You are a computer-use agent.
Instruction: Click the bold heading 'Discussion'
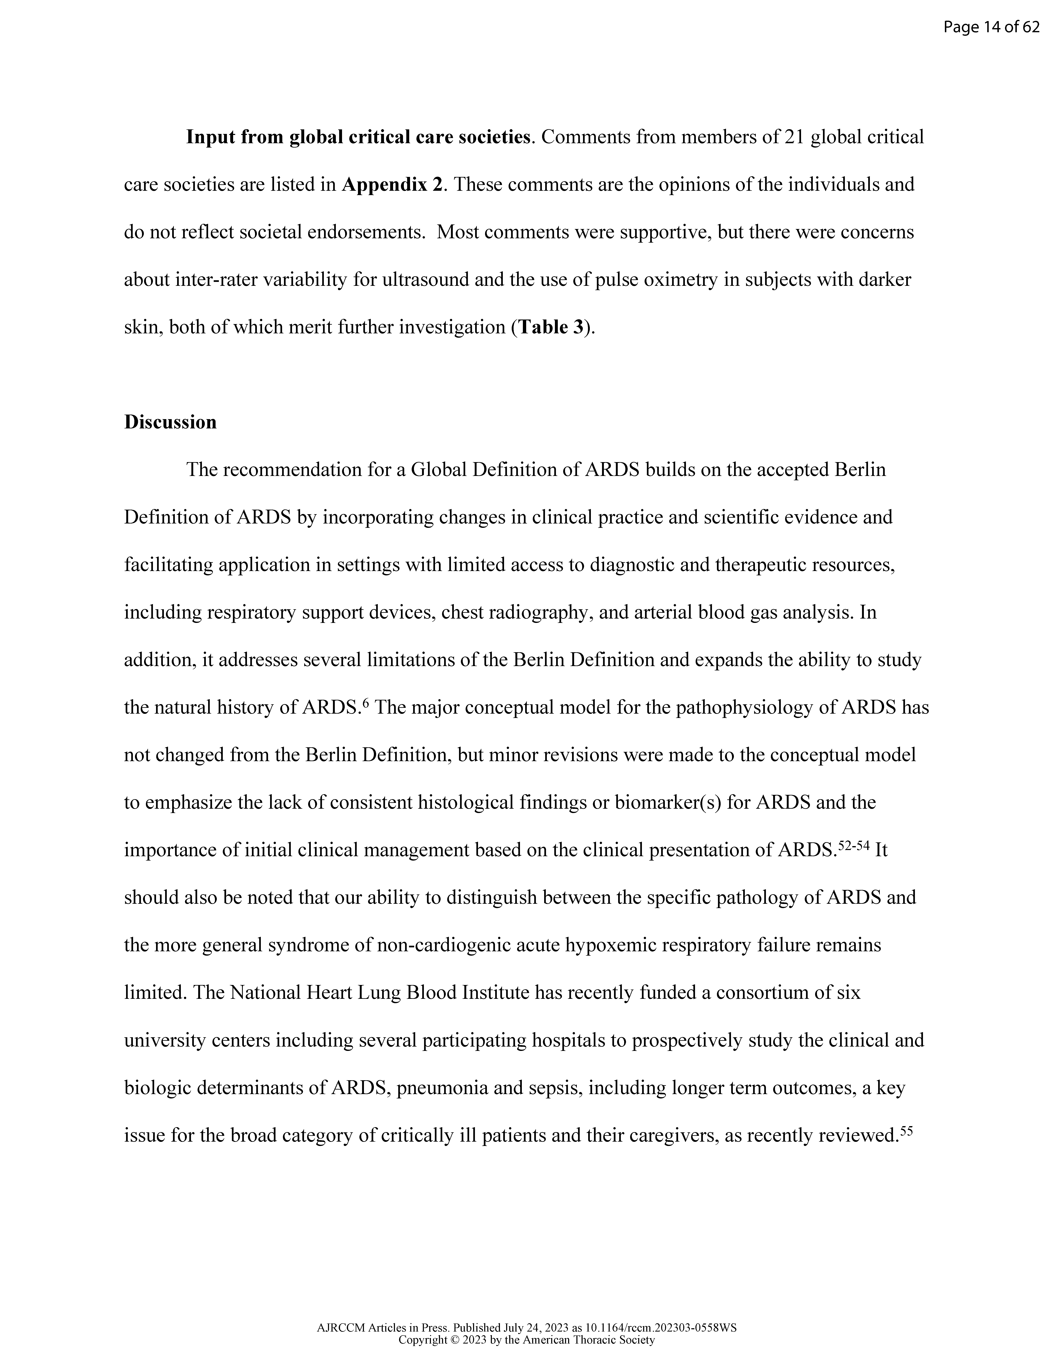pyautogui.click(x=170, y=422)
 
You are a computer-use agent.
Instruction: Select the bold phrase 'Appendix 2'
pyautogui.click(x=392, y=185)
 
